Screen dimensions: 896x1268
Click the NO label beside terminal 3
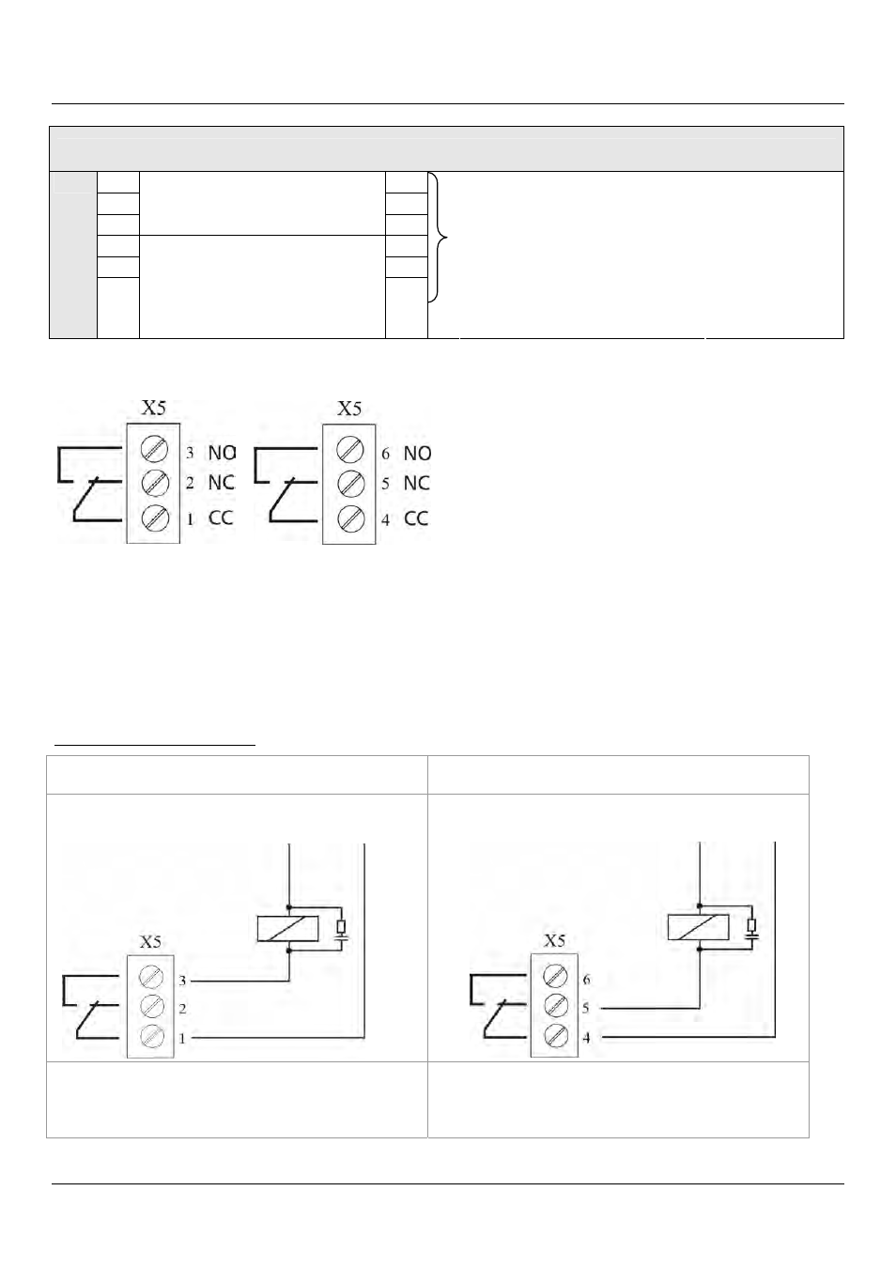222,453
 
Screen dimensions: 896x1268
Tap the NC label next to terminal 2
221,482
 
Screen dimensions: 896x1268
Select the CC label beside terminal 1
221,518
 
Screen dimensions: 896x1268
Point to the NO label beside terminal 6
417,453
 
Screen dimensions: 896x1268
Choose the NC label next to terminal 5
416,483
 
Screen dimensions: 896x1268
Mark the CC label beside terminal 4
416,518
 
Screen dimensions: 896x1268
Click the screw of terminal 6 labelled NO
349,450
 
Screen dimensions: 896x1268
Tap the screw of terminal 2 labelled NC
155,483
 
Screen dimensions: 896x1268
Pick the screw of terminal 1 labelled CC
155,518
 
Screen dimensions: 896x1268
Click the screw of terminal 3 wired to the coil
150,977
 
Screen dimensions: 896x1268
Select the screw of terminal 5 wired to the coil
555,1005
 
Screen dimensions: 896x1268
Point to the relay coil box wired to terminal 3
287,928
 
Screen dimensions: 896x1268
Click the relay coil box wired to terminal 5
698,927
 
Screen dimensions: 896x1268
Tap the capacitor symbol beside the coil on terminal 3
341,939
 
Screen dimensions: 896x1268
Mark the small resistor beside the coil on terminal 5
751,925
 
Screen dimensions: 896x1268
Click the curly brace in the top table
438,238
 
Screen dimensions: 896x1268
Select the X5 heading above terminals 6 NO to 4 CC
348,409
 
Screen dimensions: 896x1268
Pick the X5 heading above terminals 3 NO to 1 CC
153,408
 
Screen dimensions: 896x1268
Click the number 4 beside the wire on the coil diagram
586,1038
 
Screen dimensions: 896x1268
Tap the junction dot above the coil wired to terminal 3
289,906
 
